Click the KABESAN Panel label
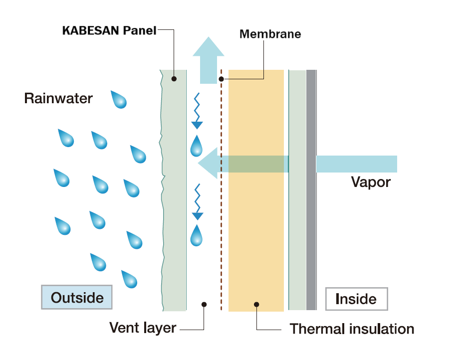tap(109, 30)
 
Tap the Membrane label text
tap(270, 34)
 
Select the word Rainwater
tap(58, 98)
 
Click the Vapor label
tap(371, 182)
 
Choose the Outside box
tap(77, 297)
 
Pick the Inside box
tap(357, 299)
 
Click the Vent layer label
tap(143, 328)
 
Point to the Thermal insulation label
tap(352, 329)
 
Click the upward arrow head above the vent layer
tap(209, 46)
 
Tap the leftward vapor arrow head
tap(208, 163)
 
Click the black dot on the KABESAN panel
tap(174, 79)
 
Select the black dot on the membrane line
tap(222, 79)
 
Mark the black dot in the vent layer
tap(204, 304)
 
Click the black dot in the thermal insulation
tap(256, 304)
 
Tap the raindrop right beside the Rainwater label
tap(119, 99)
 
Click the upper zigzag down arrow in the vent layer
tap(197, 111)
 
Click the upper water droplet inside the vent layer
tap(196, 146)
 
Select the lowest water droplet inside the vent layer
tap(196, 236)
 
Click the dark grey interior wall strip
tap(311, 190)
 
